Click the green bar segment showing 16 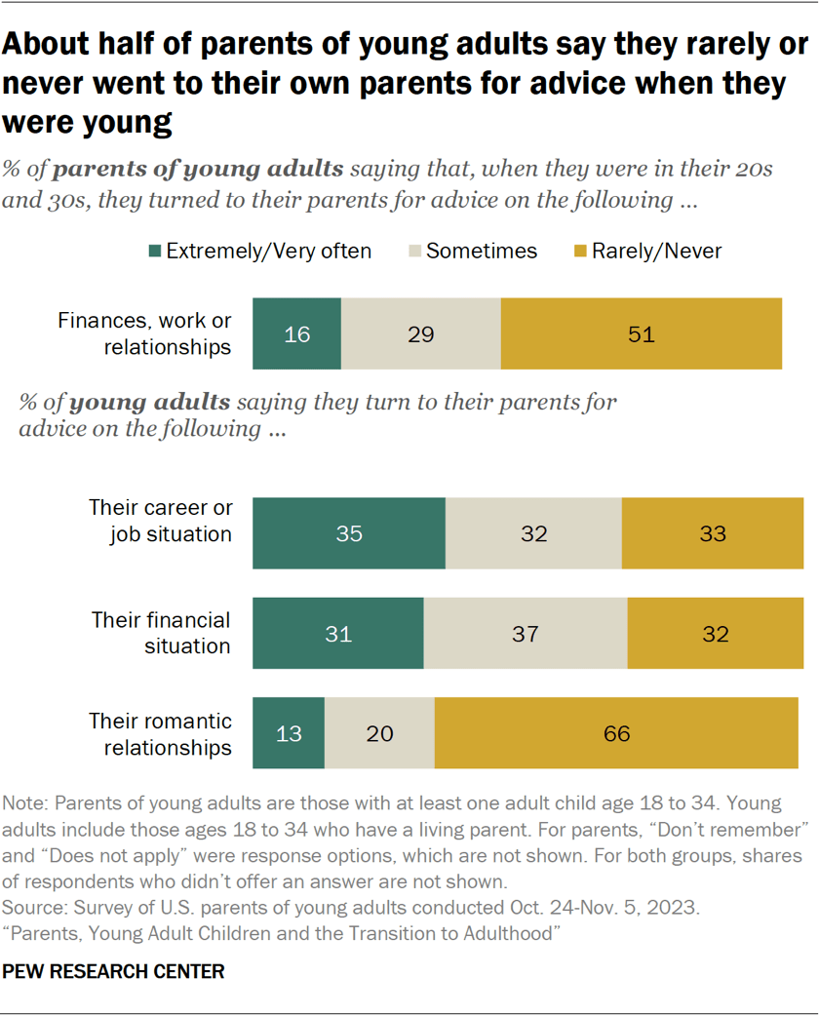point(296,334)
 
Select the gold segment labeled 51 point(641,334)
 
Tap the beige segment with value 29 point(420,334)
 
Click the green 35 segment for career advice point(348,533)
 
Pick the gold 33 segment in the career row point(712,533)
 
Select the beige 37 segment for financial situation point(525,634)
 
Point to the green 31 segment point(337,634)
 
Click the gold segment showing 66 point(616,733)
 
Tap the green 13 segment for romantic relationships point(288,733)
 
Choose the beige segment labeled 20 point(379,733)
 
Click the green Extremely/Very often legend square point(154,252)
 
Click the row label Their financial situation point(161,633)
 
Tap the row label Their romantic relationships point(161,734)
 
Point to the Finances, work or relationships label point(144,333)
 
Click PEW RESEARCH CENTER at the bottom point(114,971)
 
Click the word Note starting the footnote point(23,804)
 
